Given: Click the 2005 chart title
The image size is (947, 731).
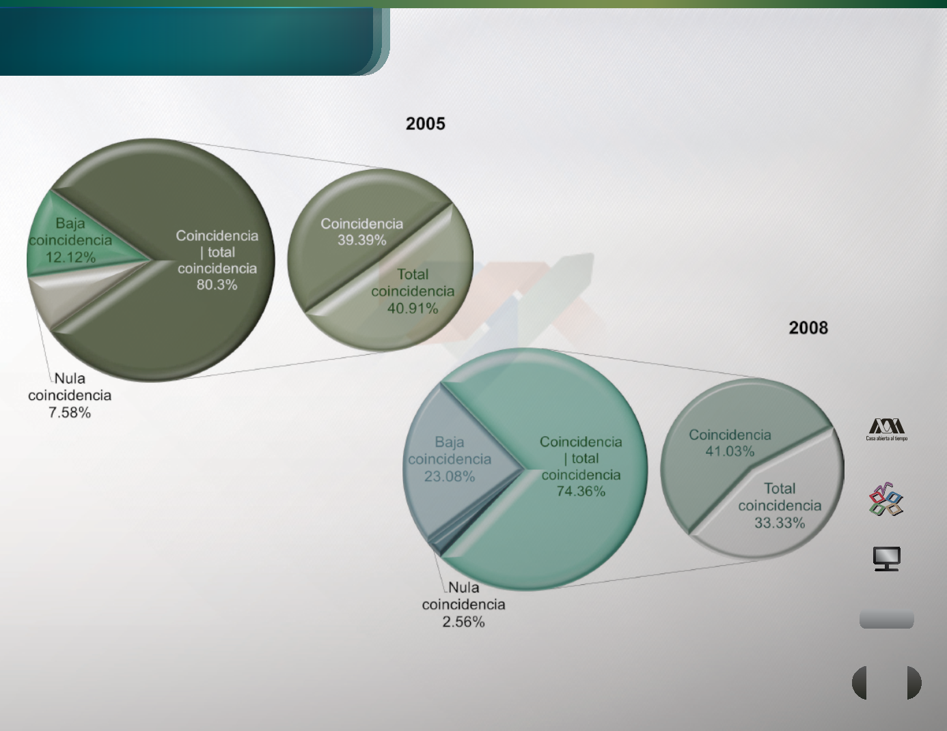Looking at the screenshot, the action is coord(426,124).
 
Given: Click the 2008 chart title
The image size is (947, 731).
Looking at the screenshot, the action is coord(808,328).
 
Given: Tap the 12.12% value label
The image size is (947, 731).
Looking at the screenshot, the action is coord(70,257).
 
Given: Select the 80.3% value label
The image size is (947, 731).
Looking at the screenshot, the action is coord(217,285).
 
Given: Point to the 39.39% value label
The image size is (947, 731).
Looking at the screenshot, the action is coord(361,240).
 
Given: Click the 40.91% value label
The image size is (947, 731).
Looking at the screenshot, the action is coord(413,309).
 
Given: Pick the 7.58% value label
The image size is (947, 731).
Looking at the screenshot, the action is coord(70,412).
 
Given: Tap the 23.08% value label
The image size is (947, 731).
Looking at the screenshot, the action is coord(450,476).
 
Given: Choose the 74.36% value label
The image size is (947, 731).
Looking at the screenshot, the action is coord(581,491).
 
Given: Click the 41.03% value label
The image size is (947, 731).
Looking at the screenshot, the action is coord(730,451).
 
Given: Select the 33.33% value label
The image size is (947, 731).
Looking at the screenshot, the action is coord(780,522).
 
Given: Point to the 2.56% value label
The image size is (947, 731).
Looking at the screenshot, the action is coord(463,622).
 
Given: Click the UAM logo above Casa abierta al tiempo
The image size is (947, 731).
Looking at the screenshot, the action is coord(886,426).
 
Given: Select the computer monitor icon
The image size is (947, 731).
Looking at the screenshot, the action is coord(887,558).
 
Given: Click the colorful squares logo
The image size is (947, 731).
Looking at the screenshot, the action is coord(886,499).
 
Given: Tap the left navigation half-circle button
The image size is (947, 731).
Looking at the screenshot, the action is coord(859,683).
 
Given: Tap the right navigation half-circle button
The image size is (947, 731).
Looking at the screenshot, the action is coord(914,683).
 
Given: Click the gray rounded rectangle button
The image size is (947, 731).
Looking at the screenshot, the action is coord(886,620).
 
